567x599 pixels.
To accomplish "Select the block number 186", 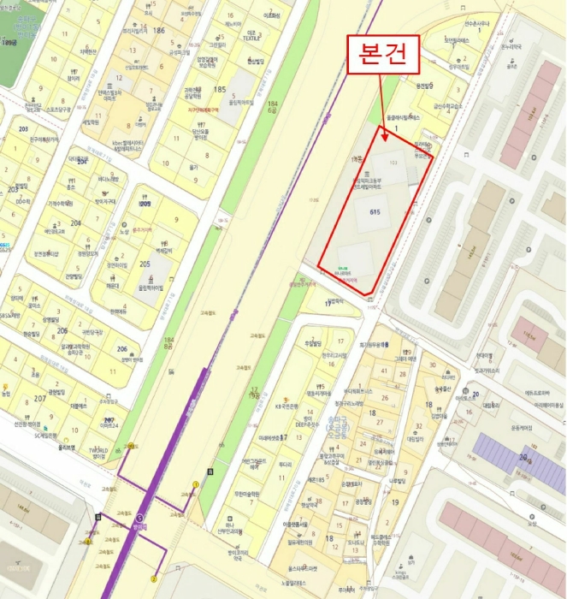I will (x=157, y=31).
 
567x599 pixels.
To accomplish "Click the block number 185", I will (x=220, y=89).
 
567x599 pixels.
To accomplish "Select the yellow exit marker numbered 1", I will (x=195, y=485).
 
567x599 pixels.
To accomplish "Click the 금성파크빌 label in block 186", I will (x=179, y=50).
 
